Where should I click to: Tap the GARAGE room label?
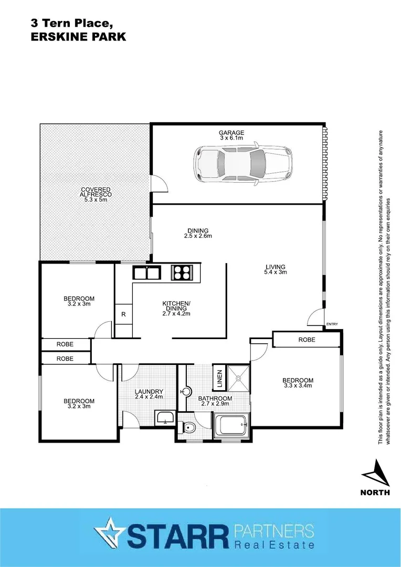(231, 135)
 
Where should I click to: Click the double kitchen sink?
(146, 273)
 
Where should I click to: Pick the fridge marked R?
(123, 314)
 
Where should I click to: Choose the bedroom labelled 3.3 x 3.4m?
(298, 383)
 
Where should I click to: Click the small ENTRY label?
(332, 324)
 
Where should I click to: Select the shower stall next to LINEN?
(239, 376)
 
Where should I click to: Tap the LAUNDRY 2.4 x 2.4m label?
(149, 394)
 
